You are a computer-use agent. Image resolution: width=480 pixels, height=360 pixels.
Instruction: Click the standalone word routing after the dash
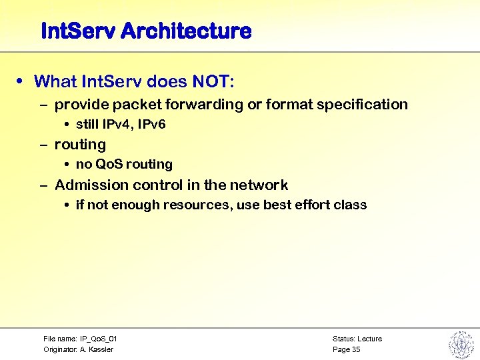tap(80, 145)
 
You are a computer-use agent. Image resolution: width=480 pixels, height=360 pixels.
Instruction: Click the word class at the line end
tap(351, 205)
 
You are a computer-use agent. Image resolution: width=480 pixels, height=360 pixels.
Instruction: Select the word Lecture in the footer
tap(370, 339)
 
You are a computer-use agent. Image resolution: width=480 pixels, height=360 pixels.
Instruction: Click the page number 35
tap(356, 350)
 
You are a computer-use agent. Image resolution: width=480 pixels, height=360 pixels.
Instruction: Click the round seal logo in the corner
tap(460, 345)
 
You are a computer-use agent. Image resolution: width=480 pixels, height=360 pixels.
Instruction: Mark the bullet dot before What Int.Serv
tap(23, 82)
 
